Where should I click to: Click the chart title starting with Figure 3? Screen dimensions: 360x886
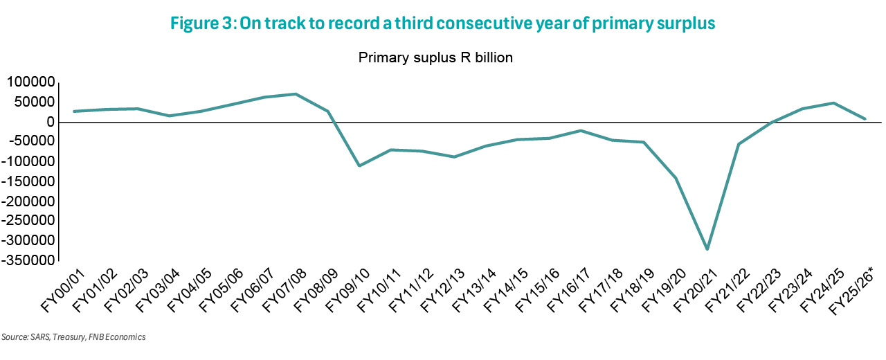point(443,23)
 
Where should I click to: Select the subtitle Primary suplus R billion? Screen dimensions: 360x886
point(435,57)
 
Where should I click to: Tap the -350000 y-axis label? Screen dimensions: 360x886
point(27,261)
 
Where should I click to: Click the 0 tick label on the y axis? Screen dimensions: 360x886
point(50,122)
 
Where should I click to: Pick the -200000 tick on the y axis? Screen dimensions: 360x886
point(27,201)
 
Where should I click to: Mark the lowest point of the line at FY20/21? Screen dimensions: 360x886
point(707,249)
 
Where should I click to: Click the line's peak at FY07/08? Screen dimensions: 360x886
point(296,94)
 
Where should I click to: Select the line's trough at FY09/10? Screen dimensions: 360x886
point(359,165)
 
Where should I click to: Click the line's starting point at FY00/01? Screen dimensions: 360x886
point(74,111)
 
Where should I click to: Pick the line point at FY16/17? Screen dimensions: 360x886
point(581,131)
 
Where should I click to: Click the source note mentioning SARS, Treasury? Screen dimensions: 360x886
point(73,338)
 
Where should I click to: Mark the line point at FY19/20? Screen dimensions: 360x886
point(676,178)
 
